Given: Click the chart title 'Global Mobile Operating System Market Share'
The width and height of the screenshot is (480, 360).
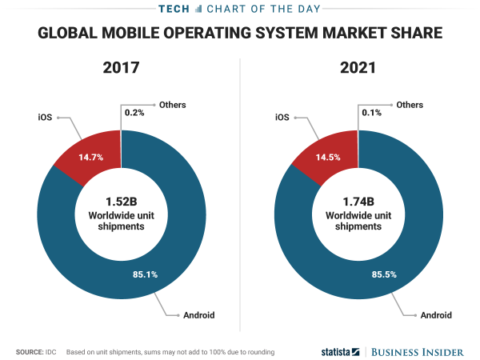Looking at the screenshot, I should point(240,34).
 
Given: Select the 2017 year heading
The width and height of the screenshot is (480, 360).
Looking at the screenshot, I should point(122,68).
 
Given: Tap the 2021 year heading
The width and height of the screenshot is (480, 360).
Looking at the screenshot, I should point(357,68).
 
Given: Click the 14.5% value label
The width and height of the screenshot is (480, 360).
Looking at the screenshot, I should point(329,157).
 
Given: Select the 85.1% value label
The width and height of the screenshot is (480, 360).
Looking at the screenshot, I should point(145,274).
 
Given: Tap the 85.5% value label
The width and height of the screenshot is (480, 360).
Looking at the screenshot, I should point(383,274).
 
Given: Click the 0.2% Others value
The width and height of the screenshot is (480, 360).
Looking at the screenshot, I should point(134,113).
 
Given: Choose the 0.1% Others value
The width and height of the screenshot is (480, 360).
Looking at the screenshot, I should point(372,113).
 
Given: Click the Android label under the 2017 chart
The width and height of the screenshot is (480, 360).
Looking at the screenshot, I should point(199,315).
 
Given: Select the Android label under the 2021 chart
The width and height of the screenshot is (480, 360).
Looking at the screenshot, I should point(436,315).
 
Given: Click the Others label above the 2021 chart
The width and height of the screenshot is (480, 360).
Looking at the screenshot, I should point(410,105).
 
